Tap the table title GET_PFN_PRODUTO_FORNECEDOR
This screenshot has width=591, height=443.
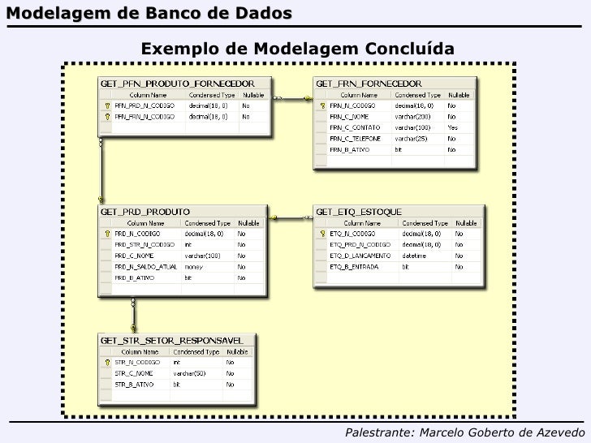177,83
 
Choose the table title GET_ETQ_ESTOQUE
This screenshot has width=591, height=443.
359,211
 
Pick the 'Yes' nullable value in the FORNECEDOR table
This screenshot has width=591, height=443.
452,127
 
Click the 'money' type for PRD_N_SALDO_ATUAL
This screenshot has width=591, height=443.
193,266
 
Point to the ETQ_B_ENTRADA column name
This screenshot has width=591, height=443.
354,266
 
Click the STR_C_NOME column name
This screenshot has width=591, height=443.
135,372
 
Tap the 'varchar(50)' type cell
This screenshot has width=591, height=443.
188,372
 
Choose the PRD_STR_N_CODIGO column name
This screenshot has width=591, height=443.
145,243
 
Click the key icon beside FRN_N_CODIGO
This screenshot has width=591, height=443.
321,105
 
